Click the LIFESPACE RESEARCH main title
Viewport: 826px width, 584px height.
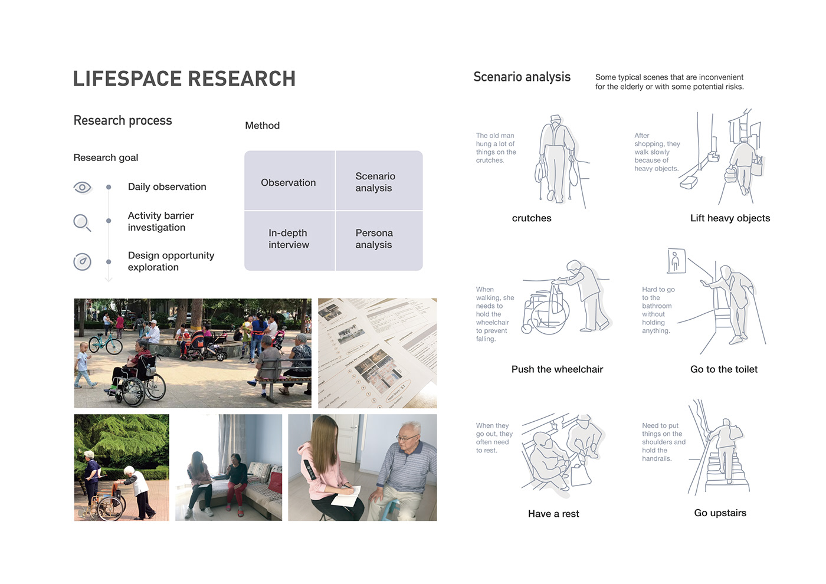(x=184, y=79)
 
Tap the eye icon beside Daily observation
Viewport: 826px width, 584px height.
(x=83, y=188)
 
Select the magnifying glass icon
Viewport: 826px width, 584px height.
(x=82, y=222)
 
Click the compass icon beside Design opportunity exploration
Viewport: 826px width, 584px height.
(x=82, y=261)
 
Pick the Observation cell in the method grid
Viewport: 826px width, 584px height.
(x=289, y=183)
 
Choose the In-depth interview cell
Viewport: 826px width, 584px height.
(x=289, y=239)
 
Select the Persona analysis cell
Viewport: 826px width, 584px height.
(x=374, y=239)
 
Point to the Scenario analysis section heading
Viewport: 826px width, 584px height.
(x=522, y=77)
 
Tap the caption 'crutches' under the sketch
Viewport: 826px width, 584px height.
(x=532, y=218)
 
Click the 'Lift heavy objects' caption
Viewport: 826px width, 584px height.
(x=730, y=218)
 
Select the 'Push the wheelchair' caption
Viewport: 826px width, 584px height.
(x=557, y=369)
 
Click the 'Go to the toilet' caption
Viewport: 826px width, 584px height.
(x=724, y=369)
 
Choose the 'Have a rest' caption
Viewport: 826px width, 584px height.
(x=553, y=514)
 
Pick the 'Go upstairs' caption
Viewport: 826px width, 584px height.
(x=720, y=513)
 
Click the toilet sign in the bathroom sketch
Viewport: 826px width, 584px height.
(x=676, y=261)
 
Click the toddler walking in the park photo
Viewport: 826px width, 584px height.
(x=83, y=364)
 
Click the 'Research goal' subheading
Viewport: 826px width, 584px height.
(x=106, y=158)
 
